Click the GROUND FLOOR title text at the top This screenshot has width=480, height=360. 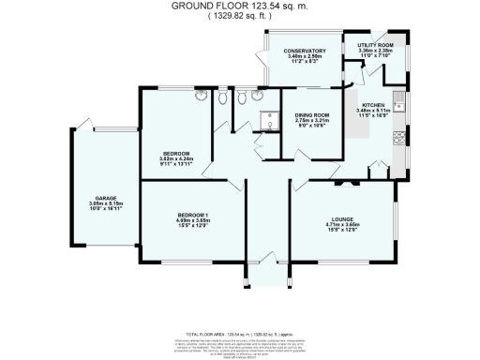coord(239,6)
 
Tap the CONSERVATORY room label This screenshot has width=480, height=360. coord(306,51)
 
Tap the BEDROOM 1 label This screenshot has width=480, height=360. coord(193,215)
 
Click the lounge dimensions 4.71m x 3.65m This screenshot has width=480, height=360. coord(343,225)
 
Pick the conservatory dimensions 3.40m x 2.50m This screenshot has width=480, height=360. coord(306,56)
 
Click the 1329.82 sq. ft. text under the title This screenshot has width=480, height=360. coord(239,16)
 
